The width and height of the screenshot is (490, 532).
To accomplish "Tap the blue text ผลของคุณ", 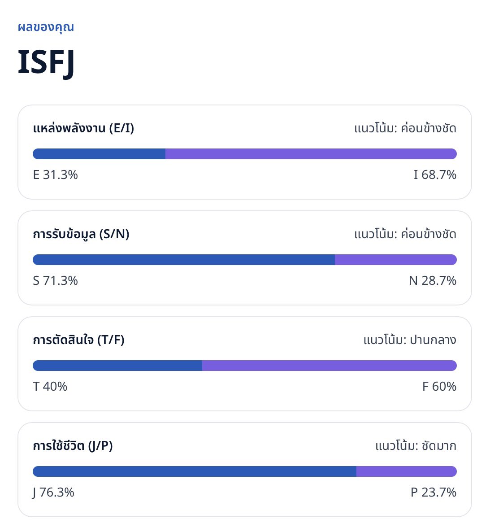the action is [46, 27].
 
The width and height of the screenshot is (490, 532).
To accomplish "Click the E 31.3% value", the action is [55, 175].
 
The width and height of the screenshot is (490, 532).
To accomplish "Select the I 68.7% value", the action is [435, 175].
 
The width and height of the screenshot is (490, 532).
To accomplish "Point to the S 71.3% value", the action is [55, 281].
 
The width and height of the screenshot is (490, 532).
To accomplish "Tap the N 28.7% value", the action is [433, 281].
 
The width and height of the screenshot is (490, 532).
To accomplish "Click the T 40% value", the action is [50, 387].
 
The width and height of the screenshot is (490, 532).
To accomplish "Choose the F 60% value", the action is [439, 387].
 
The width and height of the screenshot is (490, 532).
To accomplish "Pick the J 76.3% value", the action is [54, 493].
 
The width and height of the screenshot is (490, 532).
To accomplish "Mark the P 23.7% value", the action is [434, 493].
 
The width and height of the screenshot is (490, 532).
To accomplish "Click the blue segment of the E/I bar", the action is [99, 154].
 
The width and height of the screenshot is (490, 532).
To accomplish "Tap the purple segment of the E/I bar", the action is [311, 154].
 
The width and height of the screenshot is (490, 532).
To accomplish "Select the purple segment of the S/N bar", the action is [396, 260].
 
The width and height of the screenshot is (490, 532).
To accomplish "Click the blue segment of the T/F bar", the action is [117, 366].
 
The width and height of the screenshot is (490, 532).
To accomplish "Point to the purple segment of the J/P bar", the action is [407, 471].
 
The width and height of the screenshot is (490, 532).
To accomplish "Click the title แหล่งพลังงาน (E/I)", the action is [83, 128].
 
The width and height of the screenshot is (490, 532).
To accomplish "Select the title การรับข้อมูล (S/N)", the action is [81, 234].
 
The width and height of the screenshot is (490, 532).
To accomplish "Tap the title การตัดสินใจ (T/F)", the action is [78, 340].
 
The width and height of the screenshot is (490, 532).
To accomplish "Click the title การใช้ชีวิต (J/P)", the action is [73, 446].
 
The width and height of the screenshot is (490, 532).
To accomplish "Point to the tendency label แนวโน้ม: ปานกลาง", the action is [410, 340].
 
